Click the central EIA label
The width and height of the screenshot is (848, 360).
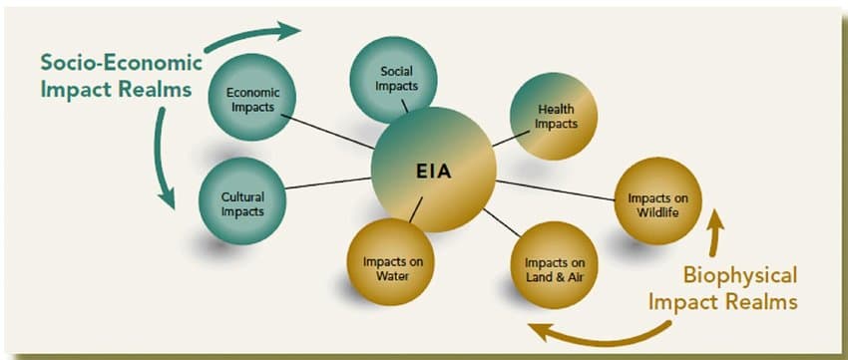[x=433, y=171]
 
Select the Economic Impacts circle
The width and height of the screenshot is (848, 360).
[x=253, y=98]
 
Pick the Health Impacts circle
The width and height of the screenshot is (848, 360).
[x=556, y=117]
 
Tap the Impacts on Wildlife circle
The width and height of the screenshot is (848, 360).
[x=655, y=200]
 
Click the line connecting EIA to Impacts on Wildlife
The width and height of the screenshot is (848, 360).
[x=555, y=189]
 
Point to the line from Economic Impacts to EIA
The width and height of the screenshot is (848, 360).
[x=327, y=131]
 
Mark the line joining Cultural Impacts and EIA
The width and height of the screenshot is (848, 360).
[x=329, y=186]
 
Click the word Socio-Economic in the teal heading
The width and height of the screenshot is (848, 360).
[x=122, y=63]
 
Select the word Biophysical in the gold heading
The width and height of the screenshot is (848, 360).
[x=739, y=275]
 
